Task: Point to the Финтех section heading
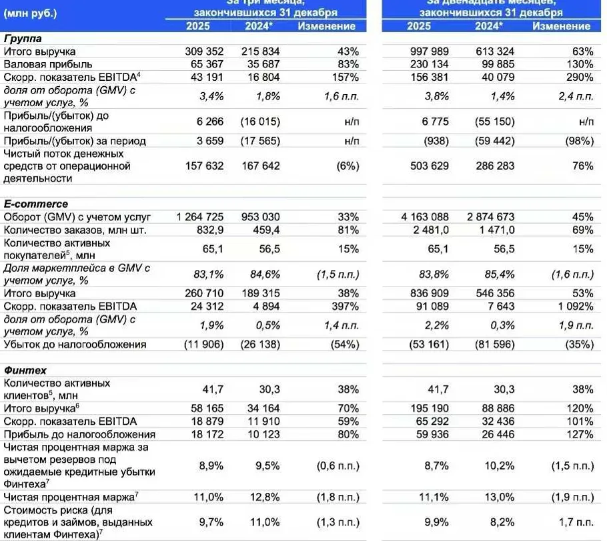pos(23,369)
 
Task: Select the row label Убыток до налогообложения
pos(75,345)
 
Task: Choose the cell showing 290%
pos(579,77)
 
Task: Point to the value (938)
pos(434,141)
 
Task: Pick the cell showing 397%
pos(345,307)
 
